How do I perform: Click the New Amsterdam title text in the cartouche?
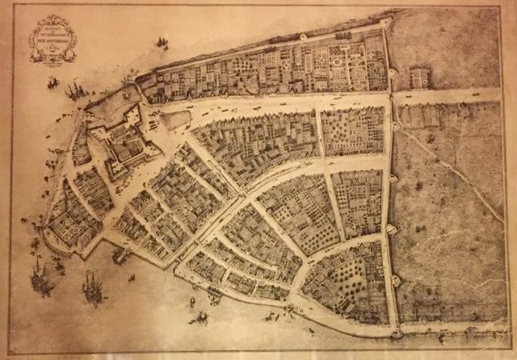point(53,37)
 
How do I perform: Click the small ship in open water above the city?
point(162,42)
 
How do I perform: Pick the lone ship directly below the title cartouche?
point(53,82)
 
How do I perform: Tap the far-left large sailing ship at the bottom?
point(41,280)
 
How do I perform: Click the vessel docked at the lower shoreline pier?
point(121,256)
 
